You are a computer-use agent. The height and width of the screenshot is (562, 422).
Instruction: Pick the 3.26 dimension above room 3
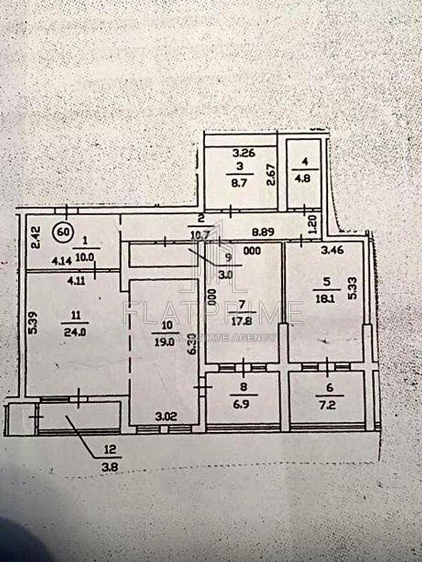[x=243, y=153]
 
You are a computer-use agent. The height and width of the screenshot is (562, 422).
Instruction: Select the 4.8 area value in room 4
[x=303, y=177]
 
